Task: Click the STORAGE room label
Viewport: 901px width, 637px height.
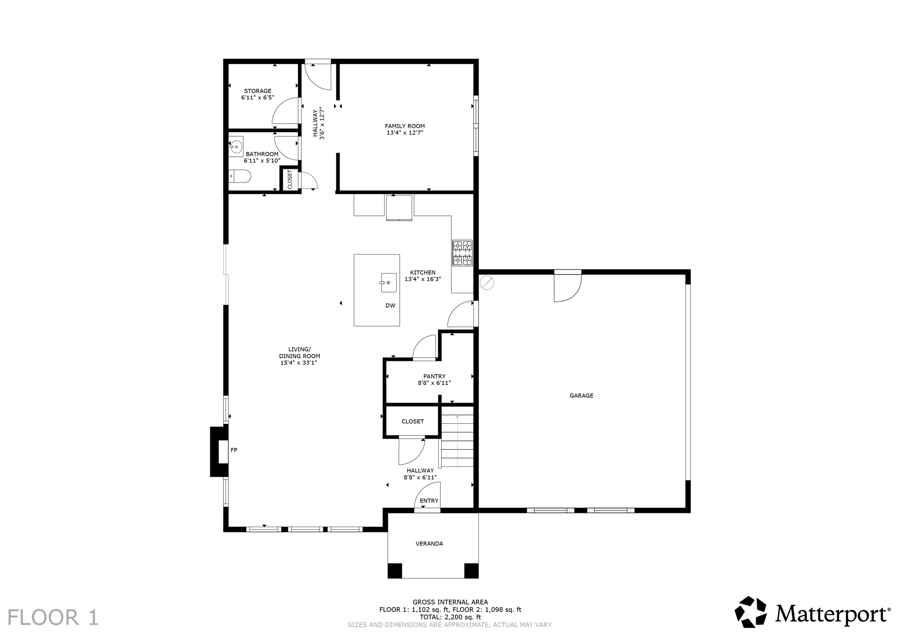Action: click(x=258, y=91)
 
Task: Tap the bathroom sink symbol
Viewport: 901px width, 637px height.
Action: click(x=236, y=146)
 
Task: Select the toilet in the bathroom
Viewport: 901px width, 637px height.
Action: click(x=241, y=176)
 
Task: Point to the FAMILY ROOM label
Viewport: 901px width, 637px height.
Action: click(x=405, y=126)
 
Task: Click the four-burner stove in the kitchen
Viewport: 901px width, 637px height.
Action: click(x=462, y=253)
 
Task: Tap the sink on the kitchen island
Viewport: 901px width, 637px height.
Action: click(x=388, y=283)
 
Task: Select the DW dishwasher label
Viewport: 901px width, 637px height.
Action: click(x=390, y=306)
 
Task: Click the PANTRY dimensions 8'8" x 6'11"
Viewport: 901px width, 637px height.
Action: click(x=434, y=383)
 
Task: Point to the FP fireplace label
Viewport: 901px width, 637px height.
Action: click(x=234, y=450)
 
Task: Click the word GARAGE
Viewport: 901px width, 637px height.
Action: click(x=581, y=396)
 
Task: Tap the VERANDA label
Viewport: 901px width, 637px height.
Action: click(x=429, y=544)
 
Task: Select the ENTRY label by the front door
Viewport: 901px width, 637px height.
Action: click(x=429, y=501)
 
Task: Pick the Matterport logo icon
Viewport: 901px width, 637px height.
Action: click(x=751, y=612)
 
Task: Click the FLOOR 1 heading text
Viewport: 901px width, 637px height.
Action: click(x=53, y=617)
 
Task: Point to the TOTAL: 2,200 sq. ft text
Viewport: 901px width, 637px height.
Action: click(x=450, y=617)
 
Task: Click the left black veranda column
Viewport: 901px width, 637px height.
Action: click(x=395, y=571)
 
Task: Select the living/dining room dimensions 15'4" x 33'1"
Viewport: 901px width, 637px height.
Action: click(x=299, y=363)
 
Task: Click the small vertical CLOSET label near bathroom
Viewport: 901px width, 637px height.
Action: click(x=289, y=180)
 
